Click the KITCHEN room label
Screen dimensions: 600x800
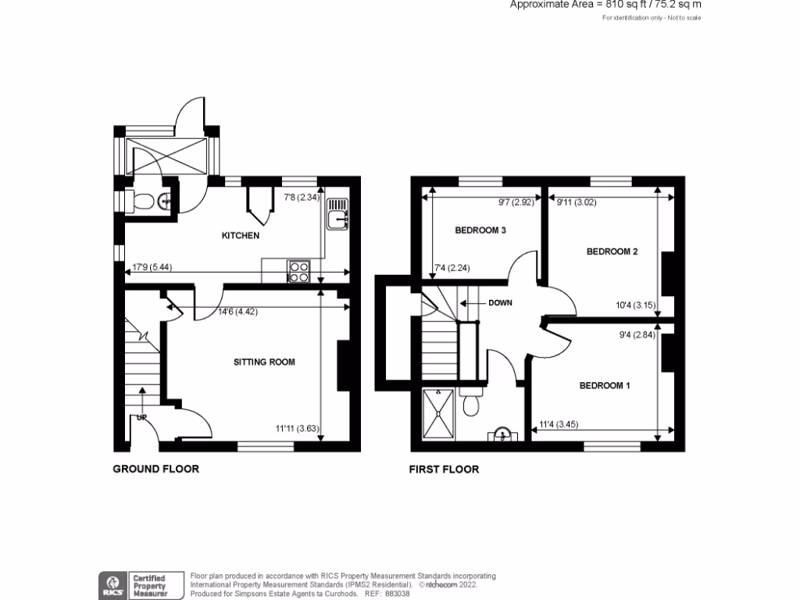(x=240, y=235)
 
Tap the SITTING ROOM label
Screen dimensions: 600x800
(x=265, y=362)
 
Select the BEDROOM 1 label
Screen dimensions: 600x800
(x=605, y=385)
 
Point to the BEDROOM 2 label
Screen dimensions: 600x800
(x=612, y=252)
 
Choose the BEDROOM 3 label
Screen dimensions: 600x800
(x=480, y=230)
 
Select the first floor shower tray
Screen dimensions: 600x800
(x=438, y=413)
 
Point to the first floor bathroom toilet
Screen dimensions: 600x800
(x=471, y=405)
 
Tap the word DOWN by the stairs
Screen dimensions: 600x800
(x=500, y=303)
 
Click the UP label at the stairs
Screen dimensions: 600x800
(x=142, y=417)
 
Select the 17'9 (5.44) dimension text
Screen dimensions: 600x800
(x=152, y=267)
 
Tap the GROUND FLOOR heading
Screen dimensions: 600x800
(x=156, y=469)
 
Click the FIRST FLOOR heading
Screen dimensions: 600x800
(x=444, y=470)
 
